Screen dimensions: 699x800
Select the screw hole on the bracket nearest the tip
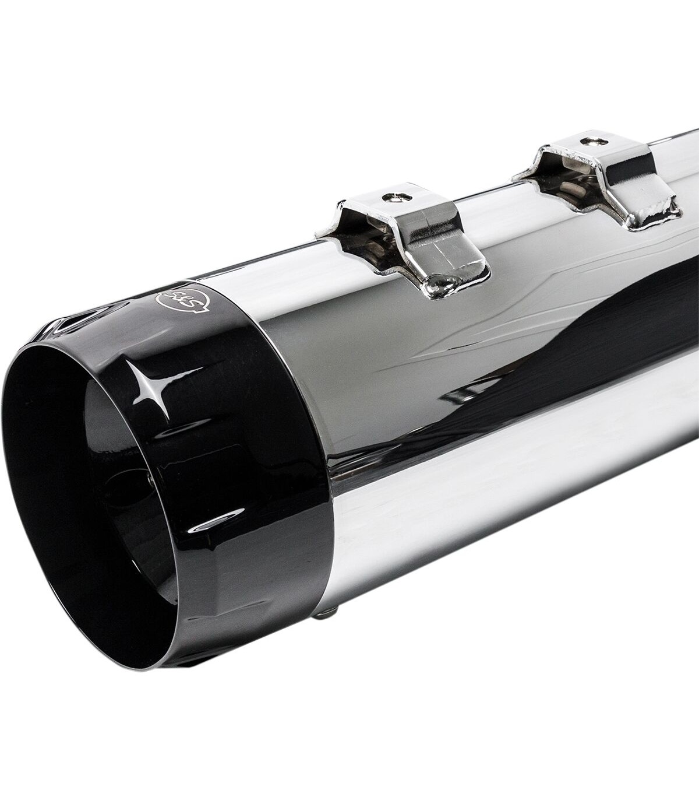tap(397, 198)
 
